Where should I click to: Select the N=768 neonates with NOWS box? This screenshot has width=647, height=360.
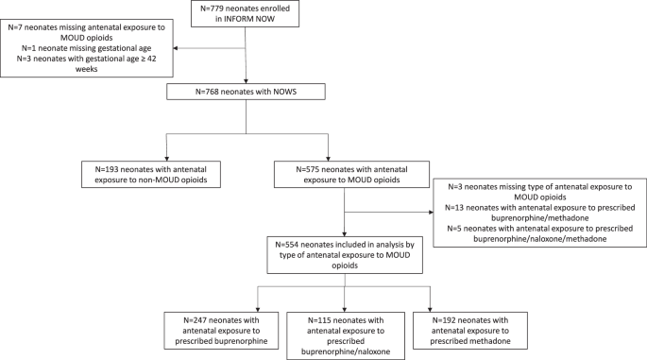tap(247, 92)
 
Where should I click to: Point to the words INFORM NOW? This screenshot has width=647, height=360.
tap(247, 20)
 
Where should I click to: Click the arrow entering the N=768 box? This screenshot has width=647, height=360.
tap(247, 78)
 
